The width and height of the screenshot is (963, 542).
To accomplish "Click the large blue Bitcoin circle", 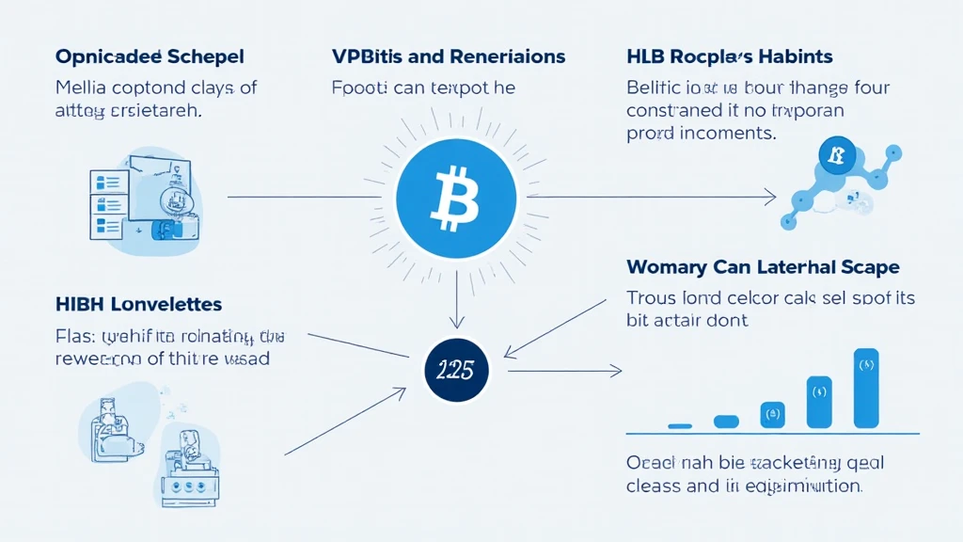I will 456,197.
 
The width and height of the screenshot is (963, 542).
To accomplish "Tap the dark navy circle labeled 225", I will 455,368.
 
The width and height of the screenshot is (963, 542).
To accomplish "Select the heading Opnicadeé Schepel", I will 149,56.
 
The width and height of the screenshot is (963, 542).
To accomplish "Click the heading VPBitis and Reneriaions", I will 449,56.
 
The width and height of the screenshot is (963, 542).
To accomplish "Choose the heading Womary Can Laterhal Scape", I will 763,266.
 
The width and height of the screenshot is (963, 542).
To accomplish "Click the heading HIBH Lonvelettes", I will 139,304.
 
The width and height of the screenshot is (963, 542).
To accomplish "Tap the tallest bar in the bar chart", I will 865,388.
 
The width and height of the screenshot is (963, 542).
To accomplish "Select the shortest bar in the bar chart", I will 680,426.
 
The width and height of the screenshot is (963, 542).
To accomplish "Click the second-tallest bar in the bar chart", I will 819,402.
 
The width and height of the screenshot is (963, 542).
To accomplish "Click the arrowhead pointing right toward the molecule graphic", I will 770,197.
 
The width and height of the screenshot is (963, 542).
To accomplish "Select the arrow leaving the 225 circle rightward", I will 564,371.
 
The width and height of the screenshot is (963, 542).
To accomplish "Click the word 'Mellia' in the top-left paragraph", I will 81,89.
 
